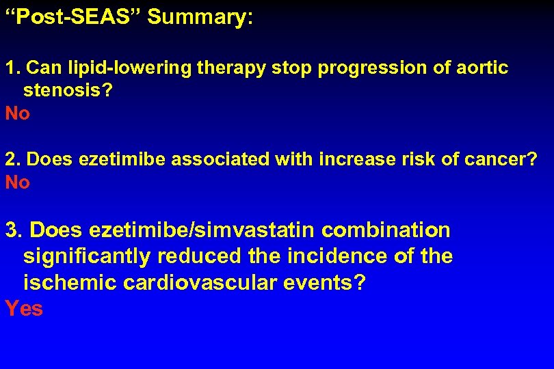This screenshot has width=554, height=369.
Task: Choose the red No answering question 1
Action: point(18,113)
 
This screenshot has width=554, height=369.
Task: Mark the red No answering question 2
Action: point(18,182)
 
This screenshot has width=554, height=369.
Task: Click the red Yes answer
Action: point(24,309)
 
